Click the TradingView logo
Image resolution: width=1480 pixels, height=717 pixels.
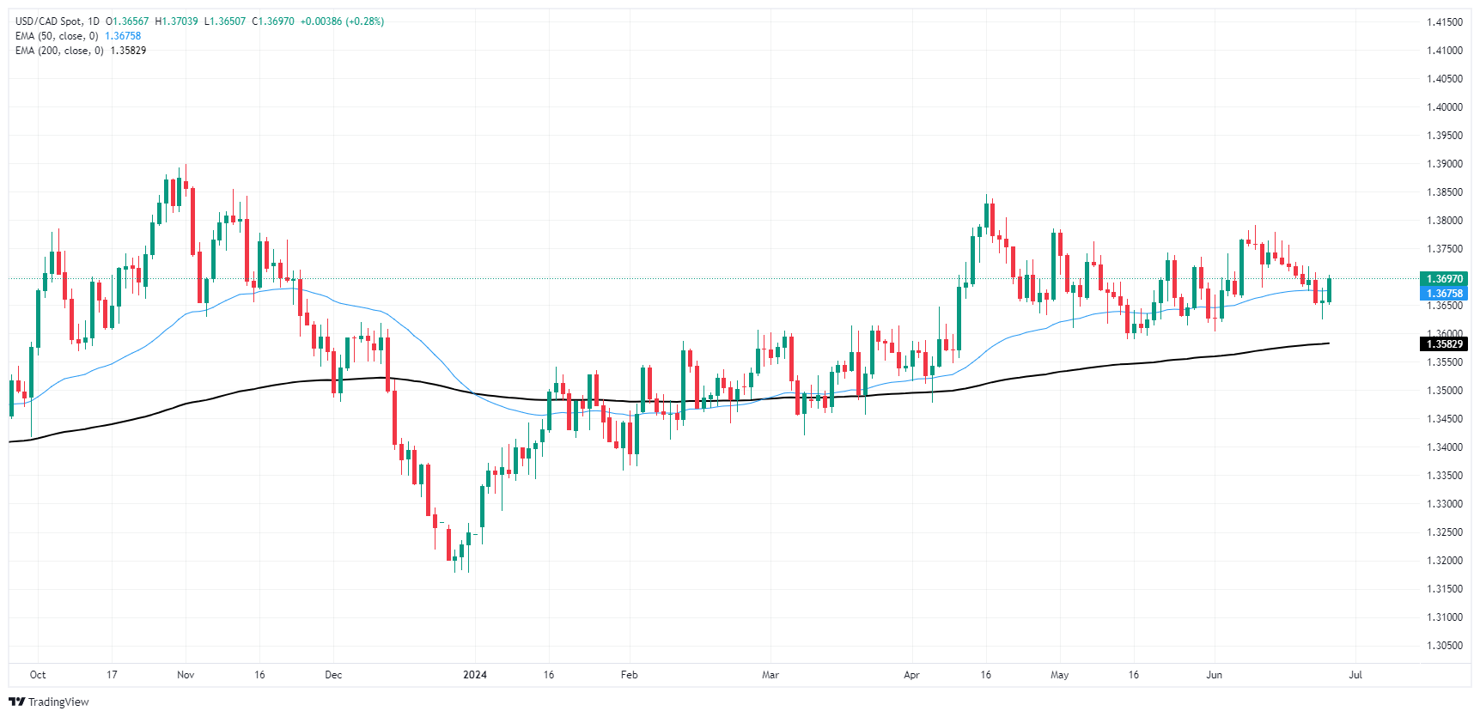tap(49, 702)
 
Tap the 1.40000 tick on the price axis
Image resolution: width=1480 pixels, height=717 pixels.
tap(1444, 107)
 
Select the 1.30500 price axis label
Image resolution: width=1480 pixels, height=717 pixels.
tap(1444, 646)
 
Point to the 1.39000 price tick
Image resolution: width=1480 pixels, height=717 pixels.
tap(1444, 164)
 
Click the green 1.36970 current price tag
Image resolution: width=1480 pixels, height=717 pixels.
tap(1444, 279)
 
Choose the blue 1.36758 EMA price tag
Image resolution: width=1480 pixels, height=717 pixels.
tap(1444, 294)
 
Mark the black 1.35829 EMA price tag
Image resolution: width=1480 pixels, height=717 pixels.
tap(1444, 344)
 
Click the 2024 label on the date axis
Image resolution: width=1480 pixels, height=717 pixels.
tap(474, 675)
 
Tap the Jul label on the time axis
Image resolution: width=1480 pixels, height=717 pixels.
tap(1355, 675)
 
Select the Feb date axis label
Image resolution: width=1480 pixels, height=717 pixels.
tap(630, 675)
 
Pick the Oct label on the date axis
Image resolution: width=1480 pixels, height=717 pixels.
tap(38, 675)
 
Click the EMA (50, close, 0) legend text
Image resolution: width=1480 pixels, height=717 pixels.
tap(57, 36)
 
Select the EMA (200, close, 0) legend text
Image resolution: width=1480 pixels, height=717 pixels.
tap(59, 51)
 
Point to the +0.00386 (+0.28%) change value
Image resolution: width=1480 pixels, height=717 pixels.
tap(342, 21)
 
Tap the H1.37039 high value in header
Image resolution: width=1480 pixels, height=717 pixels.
tap(176, 21)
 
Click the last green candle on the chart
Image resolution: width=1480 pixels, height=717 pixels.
tap(1329, 290)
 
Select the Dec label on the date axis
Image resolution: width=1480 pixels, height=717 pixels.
tap(333, 675)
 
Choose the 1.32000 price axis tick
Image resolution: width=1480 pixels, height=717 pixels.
tap(1444, 561)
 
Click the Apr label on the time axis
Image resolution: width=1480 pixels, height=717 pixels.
tap(911, 675)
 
